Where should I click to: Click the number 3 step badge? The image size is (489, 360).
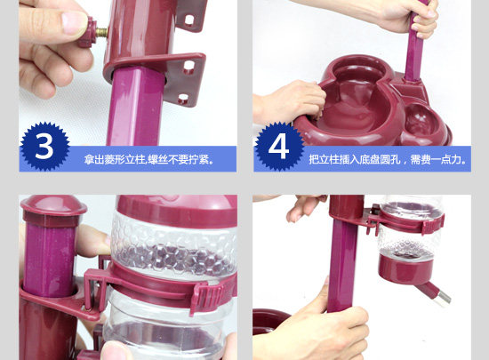coord(44,146)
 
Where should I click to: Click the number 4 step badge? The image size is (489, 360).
coord(278,146)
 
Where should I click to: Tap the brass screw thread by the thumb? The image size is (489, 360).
coord(101,32)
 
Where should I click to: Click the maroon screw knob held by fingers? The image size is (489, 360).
coord(86,32)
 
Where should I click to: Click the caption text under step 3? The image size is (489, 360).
coord(149,160)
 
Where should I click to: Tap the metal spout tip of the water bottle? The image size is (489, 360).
coord(444,299)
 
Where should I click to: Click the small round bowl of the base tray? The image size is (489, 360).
coord(421,120)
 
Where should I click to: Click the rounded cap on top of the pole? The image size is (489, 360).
coord(53,207)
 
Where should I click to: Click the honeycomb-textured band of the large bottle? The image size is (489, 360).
coord(174,246)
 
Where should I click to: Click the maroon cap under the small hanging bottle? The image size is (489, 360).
coord(406,268)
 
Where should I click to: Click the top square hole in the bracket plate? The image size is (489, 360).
coord(189,20)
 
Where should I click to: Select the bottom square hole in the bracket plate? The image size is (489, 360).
coord(183,99)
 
